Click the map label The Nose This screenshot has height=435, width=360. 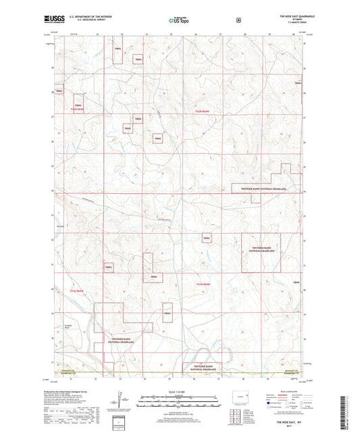coord(61,226)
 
